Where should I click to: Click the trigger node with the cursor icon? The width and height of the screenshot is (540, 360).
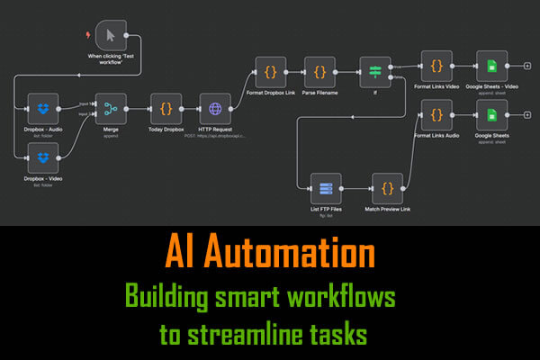(110, 35)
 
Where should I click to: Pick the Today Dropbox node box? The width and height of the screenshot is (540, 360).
(166, 109)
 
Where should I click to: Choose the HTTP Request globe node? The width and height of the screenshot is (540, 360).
(215, 109)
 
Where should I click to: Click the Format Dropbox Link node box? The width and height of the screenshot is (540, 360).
(270, 70)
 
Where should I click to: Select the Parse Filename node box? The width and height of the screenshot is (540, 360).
(319, 70)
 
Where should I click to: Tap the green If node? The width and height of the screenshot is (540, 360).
(375, 70)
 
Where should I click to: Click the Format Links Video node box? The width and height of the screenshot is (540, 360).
(436, 66)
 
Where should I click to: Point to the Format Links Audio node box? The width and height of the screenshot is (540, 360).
(436, 115)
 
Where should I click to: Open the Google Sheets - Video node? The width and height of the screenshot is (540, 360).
(491, 66)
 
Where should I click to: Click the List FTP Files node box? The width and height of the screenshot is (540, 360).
(325, 188)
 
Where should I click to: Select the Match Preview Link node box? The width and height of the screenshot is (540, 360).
(388, 188)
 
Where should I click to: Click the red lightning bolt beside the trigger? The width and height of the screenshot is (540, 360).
(86, 35)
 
